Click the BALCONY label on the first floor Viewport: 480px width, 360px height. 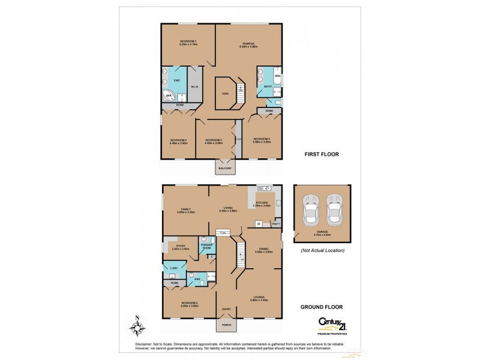(x=226, y=169)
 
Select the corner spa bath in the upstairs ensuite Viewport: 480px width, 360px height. (x=169, y=95)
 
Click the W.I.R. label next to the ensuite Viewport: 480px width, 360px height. (x=194, y=87)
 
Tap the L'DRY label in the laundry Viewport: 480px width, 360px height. (x=175, y=267)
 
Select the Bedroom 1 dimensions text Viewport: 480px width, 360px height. (x=188, y=44)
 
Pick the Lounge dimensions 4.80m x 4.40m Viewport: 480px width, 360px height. (x=259, y=300)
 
